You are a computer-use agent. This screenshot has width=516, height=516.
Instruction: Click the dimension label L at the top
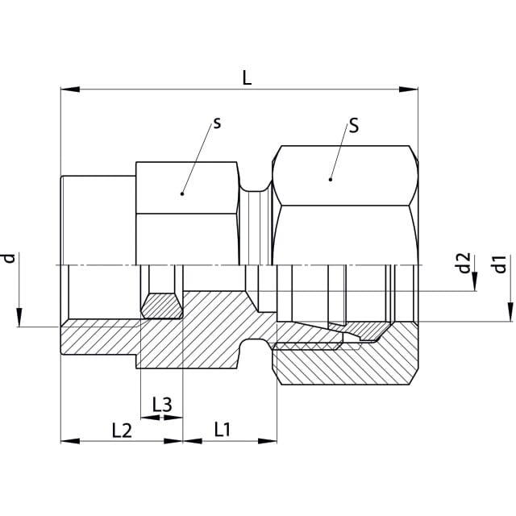pos(247,78)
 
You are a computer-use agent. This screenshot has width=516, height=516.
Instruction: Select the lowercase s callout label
pos(217,123)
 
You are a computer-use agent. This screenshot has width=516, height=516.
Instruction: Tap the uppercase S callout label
pos(354,126)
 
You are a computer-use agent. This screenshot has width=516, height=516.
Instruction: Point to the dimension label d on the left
pos(10,258)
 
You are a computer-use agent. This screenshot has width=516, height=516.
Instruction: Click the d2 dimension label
pos(464,264)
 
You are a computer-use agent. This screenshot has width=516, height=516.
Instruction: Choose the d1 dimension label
pos(500,264)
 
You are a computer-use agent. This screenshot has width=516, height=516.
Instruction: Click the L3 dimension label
pos(162,405)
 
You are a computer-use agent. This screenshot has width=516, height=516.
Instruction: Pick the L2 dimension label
pos(122,431)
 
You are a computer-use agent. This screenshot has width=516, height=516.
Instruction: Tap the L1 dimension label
pos(223,430)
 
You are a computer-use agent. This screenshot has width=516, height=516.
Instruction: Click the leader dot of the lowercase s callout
pos(182,193)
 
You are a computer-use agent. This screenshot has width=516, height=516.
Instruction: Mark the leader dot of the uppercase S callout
pos(331,179)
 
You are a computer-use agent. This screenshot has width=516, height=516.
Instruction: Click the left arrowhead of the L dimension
pos(70,89)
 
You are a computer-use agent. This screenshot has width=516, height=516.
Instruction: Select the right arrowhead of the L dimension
pos(409,89)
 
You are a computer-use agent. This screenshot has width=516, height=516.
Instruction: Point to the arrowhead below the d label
pos(19,317)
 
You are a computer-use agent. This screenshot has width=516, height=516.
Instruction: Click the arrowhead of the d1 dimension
pos(510,312)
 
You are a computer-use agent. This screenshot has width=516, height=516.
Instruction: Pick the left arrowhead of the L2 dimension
pos(70,441)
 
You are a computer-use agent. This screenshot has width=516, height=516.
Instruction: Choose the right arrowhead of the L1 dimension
pos(268,441)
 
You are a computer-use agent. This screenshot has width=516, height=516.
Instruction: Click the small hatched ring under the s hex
pos(162,306)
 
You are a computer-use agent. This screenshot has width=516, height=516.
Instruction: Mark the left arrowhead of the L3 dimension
pos(150,418)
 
